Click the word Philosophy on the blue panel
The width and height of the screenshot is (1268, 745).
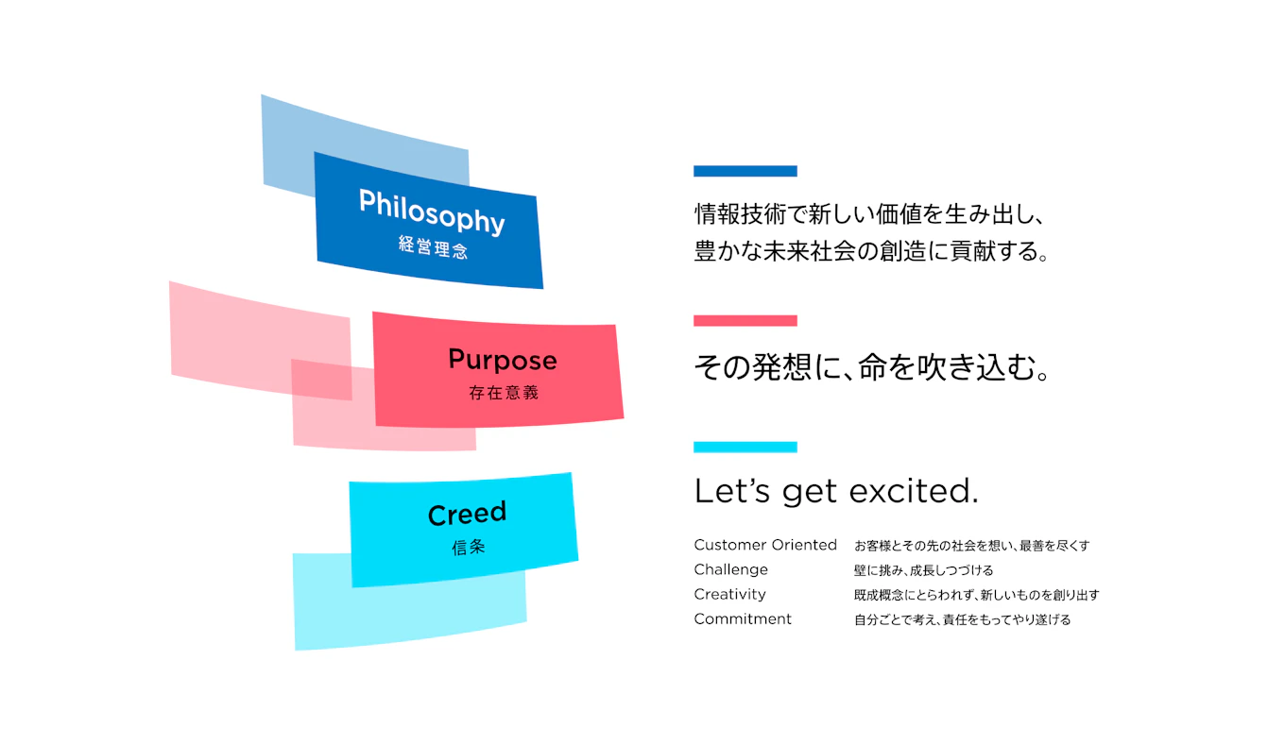[x=432, y=212]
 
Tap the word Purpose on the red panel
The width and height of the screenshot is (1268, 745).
[x=503, y=361]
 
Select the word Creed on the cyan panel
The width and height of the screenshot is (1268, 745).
[x=467, y=514]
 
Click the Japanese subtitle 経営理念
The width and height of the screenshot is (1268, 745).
[x=433, y=247]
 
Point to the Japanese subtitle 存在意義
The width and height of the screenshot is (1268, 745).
[x=504, y=393]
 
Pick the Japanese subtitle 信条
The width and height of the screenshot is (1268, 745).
[x=468, y=547]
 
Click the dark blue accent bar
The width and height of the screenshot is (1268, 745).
[x=745, y=171]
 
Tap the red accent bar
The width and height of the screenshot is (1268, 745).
[x=745, y=321]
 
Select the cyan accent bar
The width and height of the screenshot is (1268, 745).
[x=745, y=447]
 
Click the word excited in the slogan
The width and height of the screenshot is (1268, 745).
[x=914, y=490]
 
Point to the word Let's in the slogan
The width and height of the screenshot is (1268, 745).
[x=732, y=490]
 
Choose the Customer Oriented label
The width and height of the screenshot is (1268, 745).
[x=765, y=545]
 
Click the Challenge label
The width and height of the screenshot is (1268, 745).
[x=730, y=569]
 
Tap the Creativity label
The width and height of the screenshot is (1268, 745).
[x=729, y=594]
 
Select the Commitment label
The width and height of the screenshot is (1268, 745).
[x=743, y=618]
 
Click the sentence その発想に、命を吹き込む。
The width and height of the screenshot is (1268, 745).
[x=872, y=367]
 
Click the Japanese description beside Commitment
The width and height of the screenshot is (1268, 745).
[x=962, y=620]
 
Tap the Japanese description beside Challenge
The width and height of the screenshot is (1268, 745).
[x=923, y=570]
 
